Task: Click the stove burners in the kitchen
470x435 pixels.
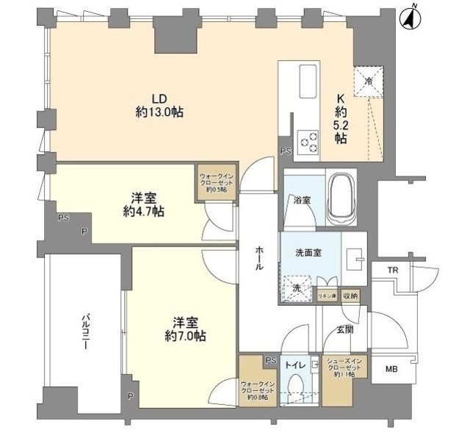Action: pos(308,141)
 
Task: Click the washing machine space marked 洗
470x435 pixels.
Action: pos(297,288)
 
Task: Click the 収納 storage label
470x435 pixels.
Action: pos(350,296)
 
